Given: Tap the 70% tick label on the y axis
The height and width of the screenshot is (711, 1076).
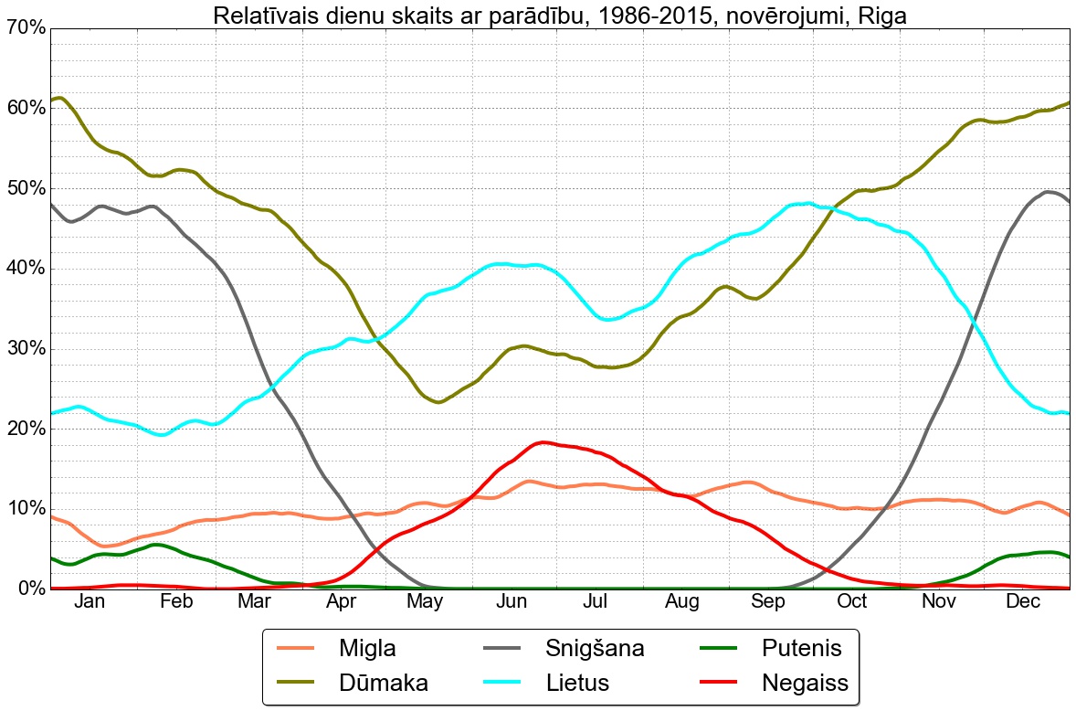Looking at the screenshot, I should point(25,28).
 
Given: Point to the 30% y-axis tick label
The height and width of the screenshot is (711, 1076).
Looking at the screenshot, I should point(25,349).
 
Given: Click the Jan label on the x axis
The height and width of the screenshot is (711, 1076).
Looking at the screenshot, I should point(90,602).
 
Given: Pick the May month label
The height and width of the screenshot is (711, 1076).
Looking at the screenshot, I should point(426,602).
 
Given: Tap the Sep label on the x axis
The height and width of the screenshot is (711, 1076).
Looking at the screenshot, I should point(768,602).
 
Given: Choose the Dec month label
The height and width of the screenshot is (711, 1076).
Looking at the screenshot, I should point(1023,602).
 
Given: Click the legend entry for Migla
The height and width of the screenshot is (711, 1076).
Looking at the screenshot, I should point(367,649).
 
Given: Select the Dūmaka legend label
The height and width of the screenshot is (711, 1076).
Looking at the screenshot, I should point(383,682).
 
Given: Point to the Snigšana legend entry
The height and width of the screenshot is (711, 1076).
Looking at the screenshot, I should point(595,649).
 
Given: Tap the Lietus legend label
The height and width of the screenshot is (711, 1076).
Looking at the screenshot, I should point(577,682).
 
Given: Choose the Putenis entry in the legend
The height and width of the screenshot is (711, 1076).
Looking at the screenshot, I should point(801,649).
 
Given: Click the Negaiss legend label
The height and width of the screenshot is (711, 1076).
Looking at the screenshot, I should point(805,682).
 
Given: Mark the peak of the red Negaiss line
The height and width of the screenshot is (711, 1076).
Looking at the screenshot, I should point(543,442).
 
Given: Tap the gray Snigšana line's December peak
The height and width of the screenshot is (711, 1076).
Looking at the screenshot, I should point(1048,192).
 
